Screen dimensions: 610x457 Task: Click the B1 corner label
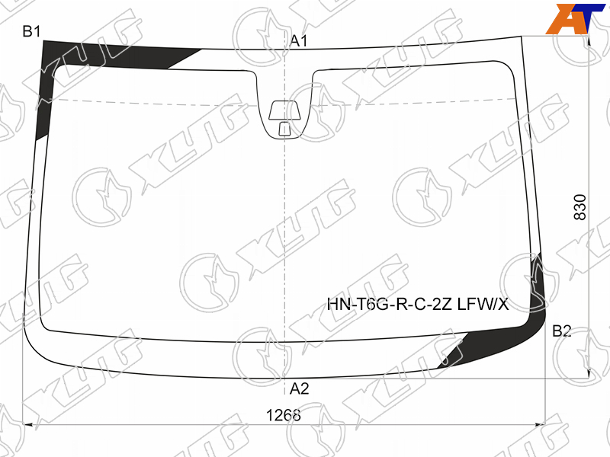(x=31, y=31)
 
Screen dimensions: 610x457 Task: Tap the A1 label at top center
(x=299, y=41)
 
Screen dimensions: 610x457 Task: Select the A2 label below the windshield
(x=299, y=388)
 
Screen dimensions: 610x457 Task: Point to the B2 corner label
(x=562, y=331)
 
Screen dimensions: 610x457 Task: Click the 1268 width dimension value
(x=283, y=415)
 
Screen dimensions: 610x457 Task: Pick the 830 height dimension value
(x=579, y=207)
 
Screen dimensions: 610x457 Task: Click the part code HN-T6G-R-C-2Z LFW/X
(x=417, y=304)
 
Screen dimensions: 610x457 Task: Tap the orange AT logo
(x=576, y=18)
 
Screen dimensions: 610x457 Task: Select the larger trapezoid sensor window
(x=285, y=110)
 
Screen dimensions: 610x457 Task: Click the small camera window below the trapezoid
(x=284, y=129)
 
